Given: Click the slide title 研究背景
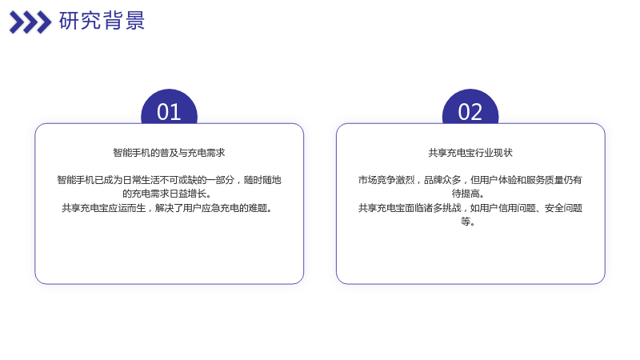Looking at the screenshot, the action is (102, 21).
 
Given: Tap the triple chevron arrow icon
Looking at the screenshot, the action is (30, 22).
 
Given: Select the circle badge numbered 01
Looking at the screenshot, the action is (169, 107).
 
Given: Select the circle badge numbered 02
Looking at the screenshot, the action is (470, 107).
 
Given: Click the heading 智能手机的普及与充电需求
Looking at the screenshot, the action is (169, 153).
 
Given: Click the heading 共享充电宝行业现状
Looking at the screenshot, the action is (470, 153).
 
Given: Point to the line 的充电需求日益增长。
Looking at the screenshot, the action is (167, 194).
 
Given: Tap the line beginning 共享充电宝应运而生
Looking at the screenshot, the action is (167, 208).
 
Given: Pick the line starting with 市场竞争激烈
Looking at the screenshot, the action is (470, 180).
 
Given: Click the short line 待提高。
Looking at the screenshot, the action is (468, 194).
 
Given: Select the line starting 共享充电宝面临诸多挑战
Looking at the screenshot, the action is (470, 208).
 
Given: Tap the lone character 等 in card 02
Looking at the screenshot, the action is (466, 222).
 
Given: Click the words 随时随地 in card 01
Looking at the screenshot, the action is (262, 180).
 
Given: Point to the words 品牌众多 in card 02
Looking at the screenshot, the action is (442, 180).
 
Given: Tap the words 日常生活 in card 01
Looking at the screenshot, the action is (141, 180).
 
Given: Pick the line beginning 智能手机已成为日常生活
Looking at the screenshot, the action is (169, 180).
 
